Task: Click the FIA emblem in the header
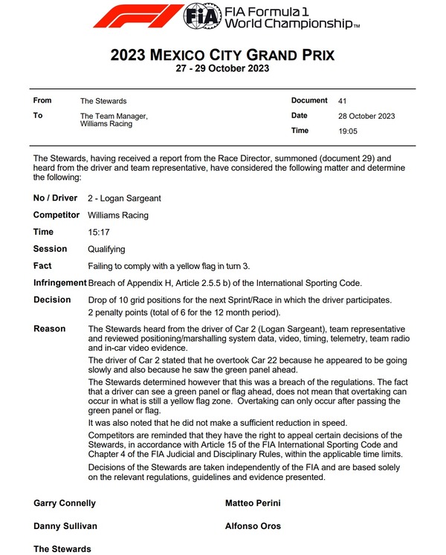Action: pos(201,16)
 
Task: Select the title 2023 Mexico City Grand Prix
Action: pos(222,55)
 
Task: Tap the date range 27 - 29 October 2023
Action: pos(222,69)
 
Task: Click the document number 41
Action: pos(342,100)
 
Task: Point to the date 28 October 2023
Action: pos(366,116)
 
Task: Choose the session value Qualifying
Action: pos(106,250)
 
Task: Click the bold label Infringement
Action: pos(59,283)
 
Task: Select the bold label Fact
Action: pos(42,266)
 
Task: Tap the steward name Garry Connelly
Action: pos(65,503)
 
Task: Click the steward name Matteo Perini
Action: pos(254,503)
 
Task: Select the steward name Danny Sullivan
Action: pos(65,526)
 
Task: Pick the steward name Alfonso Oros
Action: pos(253,526)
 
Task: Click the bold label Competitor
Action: pos(56,215)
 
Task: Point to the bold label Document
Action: pos(309,100)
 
